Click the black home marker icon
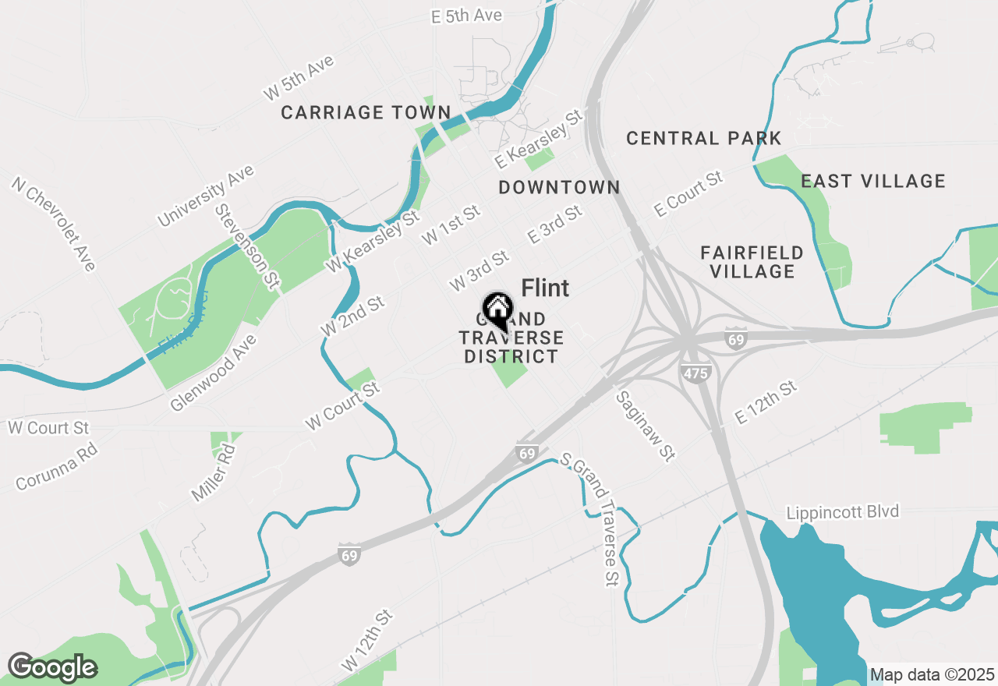point(497,309)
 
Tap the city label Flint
point(545,288)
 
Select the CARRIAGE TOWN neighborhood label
point(366,113)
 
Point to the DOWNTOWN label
point(559,187)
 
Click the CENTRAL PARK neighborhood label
point(703,139)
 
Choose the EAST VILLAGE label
point(873,182)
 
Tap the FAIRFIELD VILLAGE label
point(752,262)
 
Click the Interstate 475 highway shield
point(695,373)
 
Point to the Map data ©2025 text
point(932,674)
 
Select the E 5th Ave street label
point(466,16)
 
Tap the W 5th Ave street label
point(299,78)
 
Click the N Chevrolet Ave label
point(53,224)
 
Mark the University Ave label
point(206,195)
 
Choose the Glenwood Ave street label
point(213,373)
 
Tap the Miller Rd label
point(213,472)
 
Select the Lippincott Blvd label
point(842,512)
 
